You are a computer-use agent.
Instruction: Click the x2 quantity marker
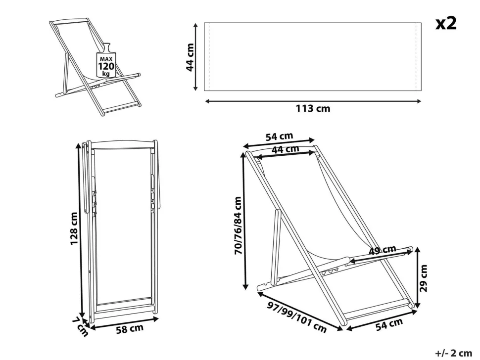pyautogui.click(x=446, y=23)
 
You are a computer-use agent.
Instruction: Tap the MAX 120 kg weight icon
pyautogui.click(x=106, y=60)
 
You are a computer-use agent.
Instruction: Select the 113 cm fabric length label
pyautogui.click(x=313, y=109)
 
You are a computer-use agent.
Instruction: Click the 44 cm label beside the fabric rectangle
pyautogui.click(x=190, y=57)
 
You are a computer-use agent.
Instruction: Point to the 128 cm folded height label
pyautogui.click(x=74, y=228)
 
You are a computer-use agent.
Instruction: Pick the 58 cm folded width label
pyautogui.click(x=130, y=329)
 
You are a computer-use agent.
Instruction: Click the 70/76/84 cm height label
pyautogui.click(x=238, y=225)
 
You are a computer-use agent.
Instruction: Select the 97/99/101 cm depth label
pyautogui.click(x=296, y=317)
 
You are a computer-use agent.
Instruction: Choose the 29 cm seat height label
pyautogui.click(x=424, y=278)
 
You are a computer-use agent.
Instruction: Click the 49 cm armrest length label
pyautogui.click(x=382, y=250)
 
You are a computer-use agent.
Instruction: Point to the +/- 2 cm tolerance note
pyautogui.click(x=453, y=353)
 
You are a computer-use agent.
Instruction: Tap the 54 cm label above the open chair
pyautogui.click(x=279, y=136)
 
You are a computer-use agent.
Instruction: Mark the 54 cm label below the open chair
pyautogui.click(x=389, y=324)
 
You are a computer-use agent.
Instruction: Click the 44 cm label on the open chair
pyautogui.click(x=286, y=149)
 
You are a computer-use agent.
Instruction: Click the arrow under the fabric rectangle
pyautogui.click(x=313, y=101)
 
